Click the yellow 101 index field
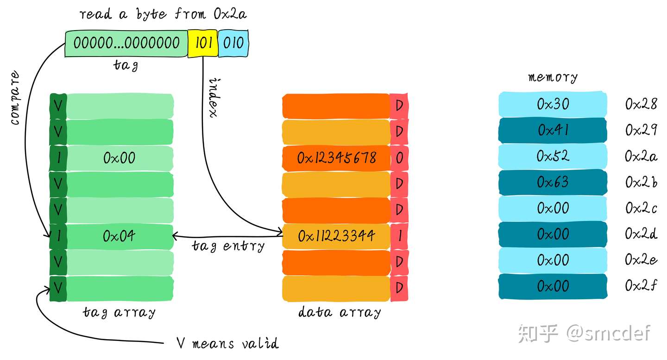(x=203, y=43)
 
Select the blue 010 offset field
(x=233, y=43)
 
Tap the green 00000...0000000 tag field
(x=126, y=43)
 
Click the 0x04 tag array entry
(x=120, y=236)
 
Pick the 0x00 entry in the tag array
(x=120, y=158)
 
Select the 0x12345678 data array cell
(x=336, y=158)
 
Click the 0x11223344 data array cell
(x=336, y=236)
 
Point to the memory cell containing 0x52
(x=553, y=156)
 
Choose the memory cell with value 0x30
(x=553, y=104)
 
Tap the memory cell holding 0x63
(x=553, y=182)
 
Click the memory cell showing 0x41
(x=553, y=130)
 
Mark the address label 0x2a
(x=641, y=157)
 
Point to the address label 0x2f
(x=641, y=286)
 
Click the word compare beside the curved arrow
(x=15, y=98)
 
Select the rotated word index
(x=214, y=98)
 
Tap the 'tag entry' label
(x=228, y=246)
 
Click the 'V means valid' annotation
(x=228, y=343)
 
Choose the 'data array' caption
(x=340, y=312)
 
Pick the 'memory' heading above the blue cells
(x=553, y=77)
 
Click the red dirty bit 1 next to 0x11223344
(x=399, y=236)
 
